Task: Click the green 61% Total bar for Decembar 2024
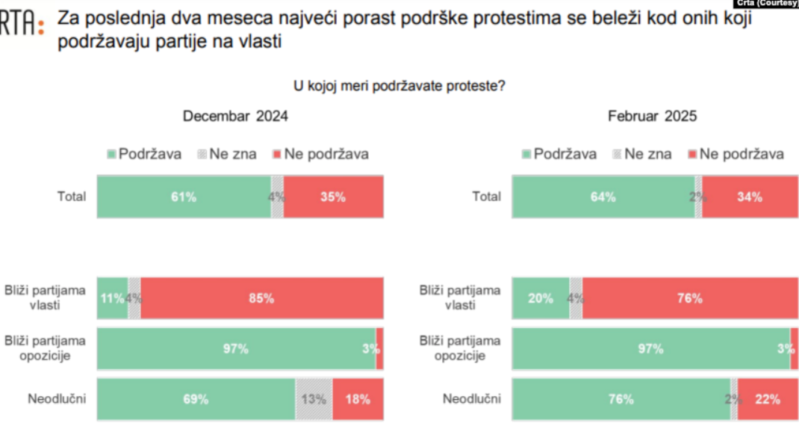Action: pos(184,197)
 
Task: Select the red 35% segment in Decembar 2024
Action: pos(333,197)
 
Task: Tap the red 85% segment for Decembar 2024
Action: pos(261,298)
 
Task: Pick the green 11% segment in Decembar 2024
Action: pos(112,298)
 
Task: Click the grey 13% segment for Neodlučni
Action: pos(314,399)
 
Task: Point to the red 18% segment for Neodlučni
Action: pos(358,399)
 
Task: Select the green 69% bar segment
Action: pos(196,399)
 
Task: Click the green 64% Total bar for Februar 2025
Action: pos(603,197)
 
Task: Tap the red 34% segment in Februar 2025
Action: pos(749,197)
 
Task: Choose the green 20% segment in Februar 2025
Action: pos(540,298)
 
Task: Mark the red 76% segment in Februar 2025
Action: pos(689,298)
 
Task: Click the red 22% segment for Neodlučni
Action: pos(767,399)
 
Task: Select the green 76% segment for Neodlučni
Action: pos(621,399)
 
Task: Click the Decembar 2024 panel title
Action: pos(235,116)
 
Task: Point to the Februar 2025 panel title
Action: pos(652,116)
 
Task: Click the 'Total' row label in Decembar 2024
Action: pos(72,197)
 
